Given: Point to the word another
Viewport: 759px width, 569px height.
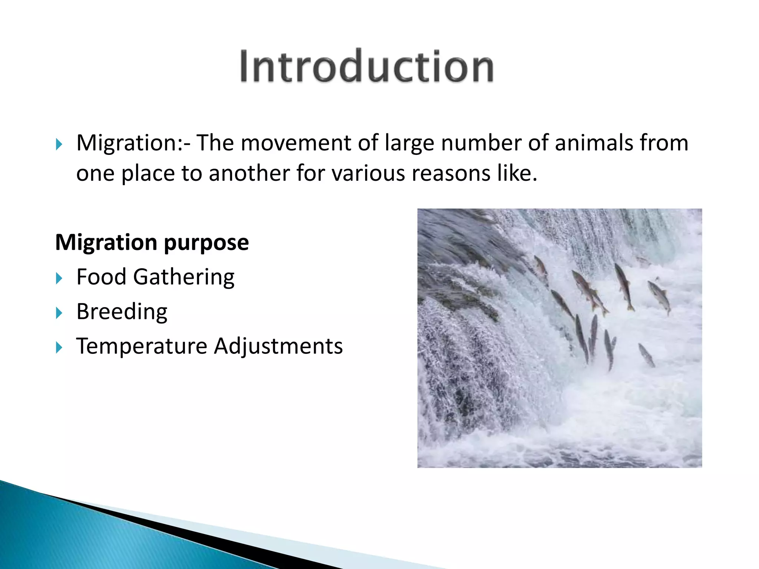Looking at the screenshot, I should (x=249, y=173).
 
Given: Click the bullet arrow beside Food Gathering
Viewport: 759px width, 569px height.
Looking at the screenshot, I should (x=59, y=278).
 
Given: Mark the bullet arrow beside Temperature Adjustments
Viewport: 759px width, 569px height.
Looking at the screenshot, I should (x=59, y=347).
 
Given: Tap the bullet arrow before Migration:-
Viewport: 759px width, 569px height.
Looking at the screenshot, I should (x=59, y=144).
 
